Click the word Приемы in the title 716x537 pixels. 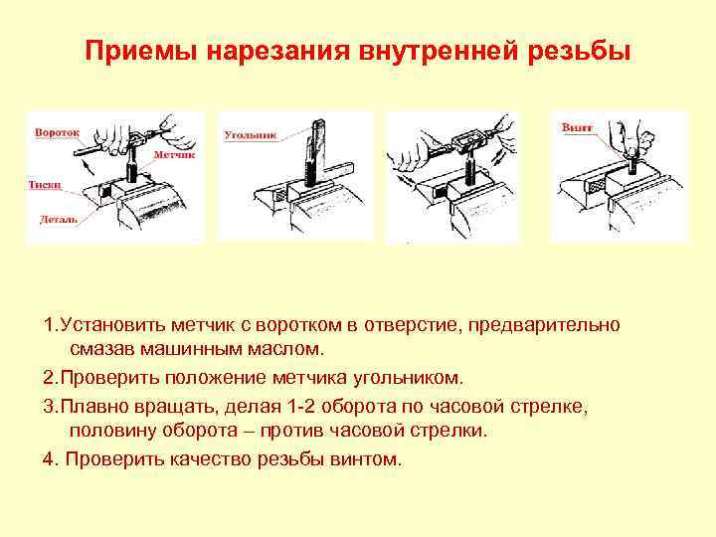click(141, 51)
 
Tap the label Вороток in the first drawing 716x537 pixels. click(57, 133)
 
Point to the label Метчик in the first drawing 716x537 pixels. click(174, 155)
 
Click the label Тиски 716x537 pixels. click(45, 185)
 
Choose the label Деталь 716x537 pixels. click(58, 220)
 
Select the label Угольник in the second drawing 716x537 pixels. click(251, 135)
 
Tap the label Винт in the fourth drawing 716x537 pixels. click(577, 127)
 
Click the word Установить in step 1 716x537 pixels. click(114, 325)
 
